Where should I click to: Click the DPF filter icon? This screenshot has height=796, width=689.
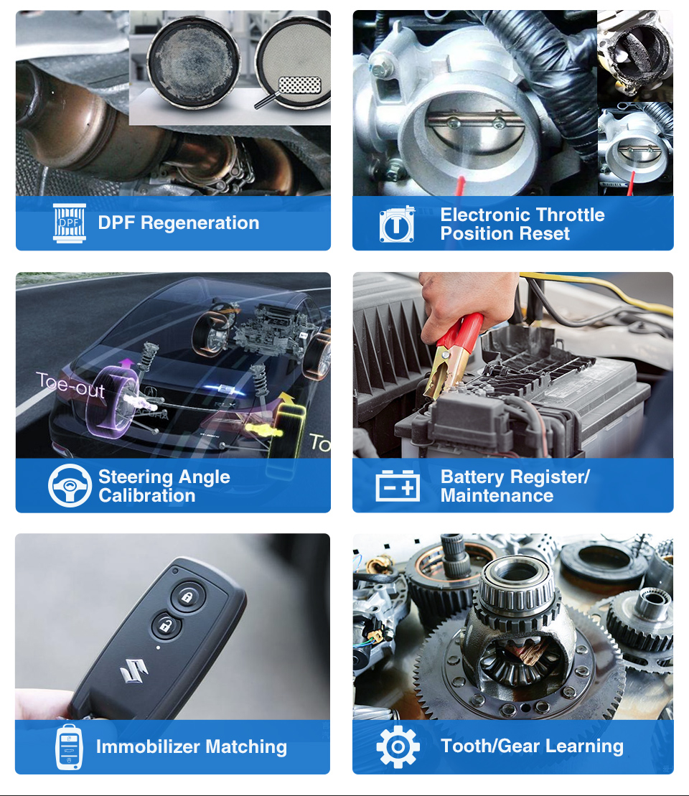(x=70, y=223)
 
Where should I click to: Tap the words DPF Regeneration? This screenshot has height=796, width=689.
(x=178, y=223)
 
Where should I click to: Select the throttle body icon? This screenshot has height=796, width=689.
(x=397, y=224)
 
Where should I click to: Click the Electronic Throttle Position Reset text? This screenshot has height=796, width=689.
(x=522, y=224)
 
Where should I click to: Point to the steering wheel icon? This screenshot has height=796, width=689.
(x=70, y=486)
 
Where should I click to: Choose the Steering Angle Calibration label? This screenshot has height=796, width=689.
(x=164, y=486)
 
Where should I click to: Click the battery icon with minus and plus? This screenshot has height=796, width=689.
(x=398, y=486)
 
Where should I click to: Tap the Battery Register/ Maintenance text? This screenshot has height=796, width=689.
(x=515, y=486)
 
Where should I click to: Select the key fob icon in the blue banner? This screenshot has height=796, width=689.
(x=69, y=747)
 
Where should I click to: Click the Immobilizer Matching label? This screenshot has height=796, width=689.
(x=191, y=747)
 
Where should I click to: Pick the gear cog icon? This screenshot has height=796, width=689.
(x=398, y=747)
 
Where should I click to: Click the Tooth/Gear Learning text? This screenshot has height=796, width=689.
(x=532, y=746)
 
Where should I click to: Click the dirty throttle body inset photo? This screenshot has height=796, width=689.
(x=635, y=54)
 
